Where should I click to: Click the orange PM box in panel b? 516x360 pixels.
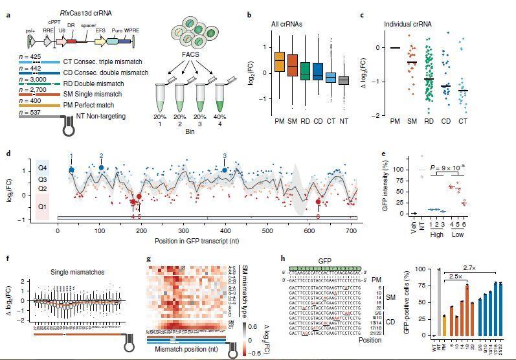279,62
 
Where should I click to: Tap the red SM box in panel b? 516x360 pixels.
293,65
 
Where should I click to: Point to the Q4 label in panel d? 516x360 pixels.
43,166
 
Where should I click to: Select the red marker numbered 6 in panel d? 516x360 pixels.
318,202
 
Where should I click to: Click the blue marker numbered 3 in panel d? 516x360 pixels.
225,170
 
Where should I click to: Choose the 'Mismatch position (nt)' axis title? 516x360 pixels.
187,350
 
